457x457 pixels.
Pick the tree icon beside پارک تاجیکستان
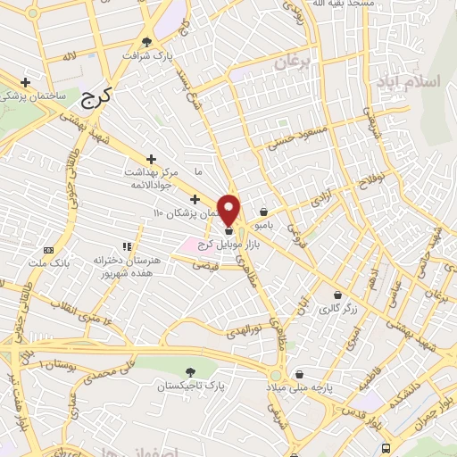point(188,371)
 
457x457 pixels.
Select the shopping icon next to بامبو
point(264,212)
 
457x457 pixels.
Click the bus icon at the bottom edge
point(385,447)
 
